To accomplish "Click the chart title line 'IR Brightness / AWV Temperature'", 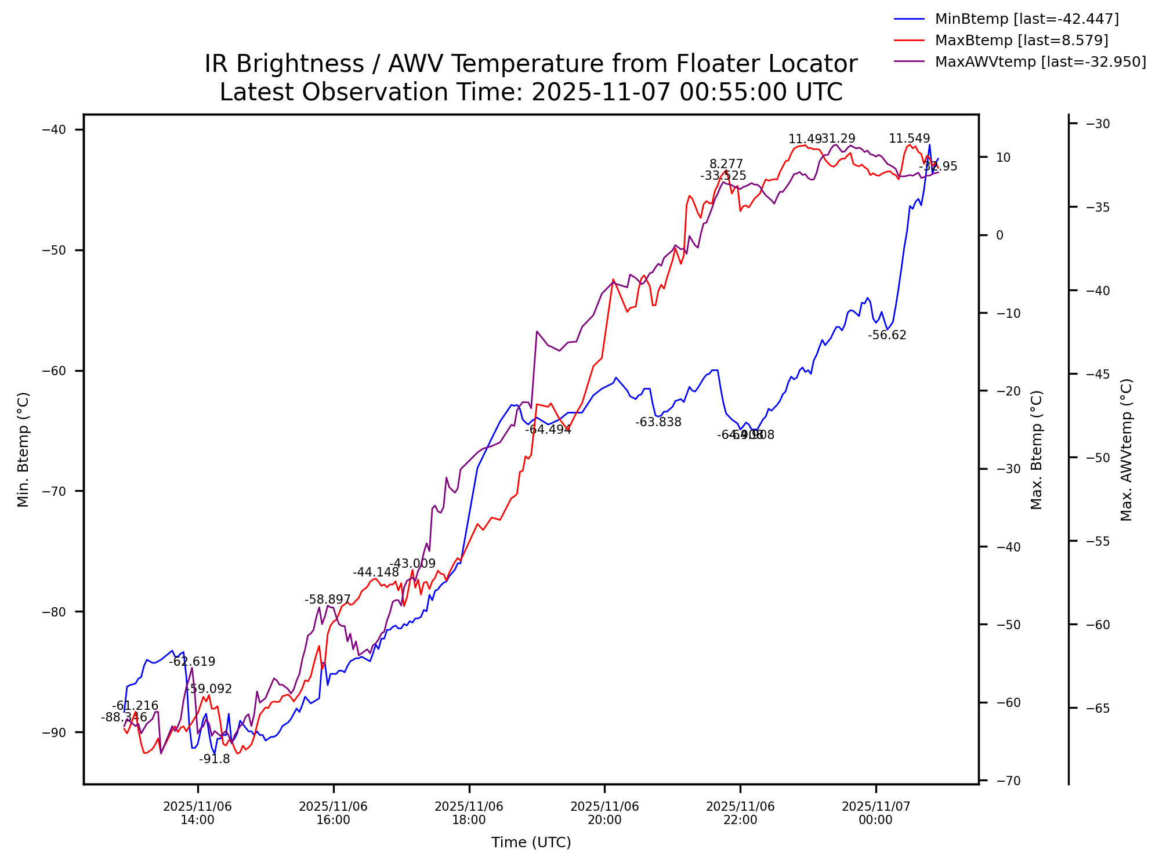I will tap(531, 64).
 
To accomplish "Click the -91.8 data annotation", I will tap(215, 759).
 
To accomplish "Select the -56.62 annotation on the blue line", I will tap(887, 335).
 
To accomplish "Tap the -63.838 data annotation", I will tap(658, 422).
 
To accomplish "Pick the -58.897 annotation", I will tap(328, 600).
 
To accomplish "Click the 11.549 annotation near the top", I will tap(909, 139).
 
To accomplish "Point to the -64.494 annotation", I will tap(548, 430).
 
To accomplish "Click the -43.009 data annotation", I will tap(412, 564).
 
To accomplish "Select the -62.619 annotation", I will tap(192, 662).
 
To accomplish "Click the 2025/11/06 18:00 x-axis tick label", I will tap(469, 813).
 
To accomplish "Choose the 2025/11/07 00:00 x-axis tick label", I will tap(876, 813).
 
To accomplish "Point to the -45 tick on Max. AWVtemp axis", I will tap(1097, 374).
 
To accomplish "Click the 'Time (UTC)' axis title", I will tap(531, 843).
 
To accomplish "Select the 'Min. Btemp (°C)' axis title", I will tap(23, 449).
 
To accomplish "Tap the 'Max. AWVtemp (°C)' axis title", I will tap(1127, 449).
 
